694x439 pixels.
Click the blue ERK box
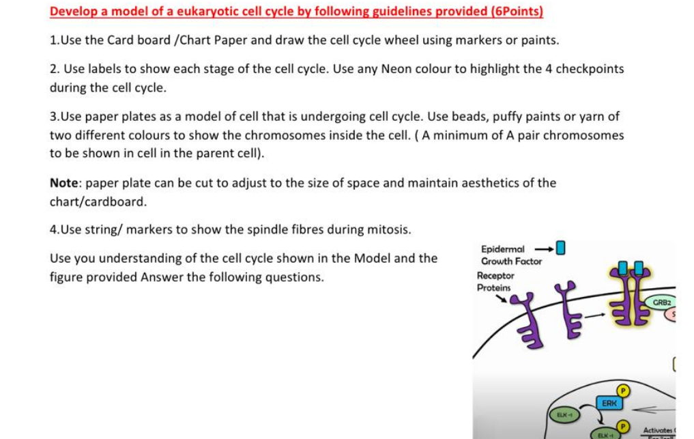[609, 403]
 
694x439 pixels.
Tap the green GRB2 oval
[662, 302]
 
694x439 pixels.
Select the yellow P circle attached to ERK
[622, 390]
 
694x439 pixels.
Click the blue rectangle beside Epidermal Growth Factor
[561, 248]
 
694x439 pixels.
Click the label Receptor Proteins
[495, 281]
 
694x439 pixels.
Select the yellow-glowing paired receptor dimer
[631, 297]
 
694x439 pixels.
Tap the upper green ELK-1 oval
[564, 414]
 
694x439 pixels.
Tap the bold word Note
[65, 183]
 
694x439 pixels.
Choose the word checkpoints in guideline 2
[590, 69]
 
